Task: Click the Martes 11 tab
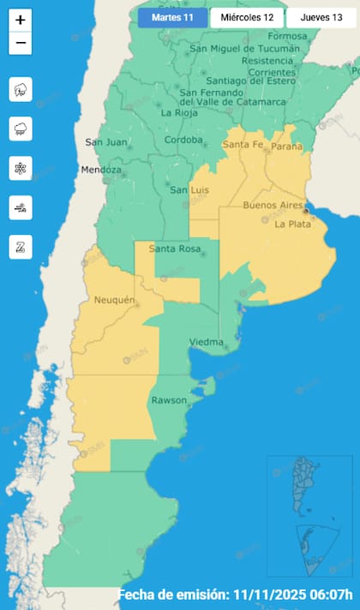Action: [172, 18]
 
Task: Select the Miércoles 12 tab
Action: [246, 18]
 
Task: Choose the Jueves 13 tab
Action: [321, 18]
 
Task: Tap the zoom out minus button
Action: [21, 43]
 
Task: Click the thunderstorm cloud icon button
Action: [21, 89]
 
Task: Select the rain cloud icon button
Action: [21, 129]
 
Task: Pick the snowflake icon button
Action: [21, 168]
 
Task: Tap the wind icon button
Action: [21, 207]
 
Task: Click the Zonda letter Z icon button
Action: [21, 247]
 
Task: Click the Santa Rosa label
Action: [175, 249]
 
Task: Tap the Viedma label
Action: [206, 343]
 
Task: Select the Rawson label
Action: [168, 400]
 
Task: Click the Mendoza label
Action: [101, 170]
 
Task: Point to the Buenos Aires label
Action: [271, 206]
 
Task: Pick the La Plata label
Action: [291, 224]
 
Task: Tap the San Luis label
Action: [189, 190]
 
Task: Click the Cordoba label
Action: [183, 140]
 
